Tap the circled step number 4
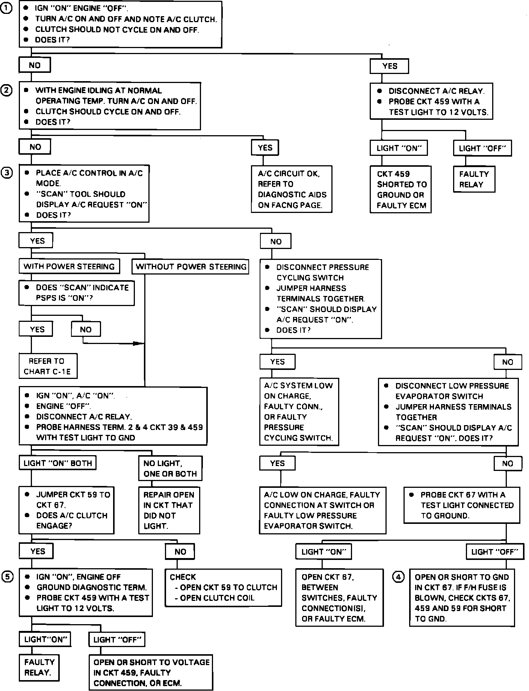[x=398, y=576]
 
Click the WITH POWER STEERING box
[x=69, y=267]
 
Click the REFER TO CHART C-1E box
[x=48, y=366]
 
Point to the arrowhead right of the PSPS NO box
[x=140, y=343]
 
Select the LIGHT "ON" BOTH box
[x=57, y=463]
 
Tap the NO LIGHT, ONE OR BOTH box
[x=170, y=468]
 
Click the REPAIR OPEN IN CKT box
[x=169, y=510]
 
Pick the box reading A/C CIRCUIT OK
[x=292, y=189]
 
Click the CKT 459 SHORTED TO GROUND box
[x=401, y=190]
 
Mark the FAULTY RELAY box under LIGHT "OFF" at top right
[x=474, y=180]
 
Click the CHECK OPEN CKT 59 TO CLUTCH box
[x=223, y=587]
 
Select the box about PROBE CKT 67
[x=462, y=505]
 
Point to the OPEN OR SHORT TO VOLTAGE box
[x=151, y=673]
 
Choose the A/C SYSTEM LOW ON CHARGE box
[x=299, y=412]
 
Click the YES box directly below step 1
[x=389, y=66]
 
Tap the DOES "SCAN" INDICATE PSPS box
[x=77, y=293]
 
